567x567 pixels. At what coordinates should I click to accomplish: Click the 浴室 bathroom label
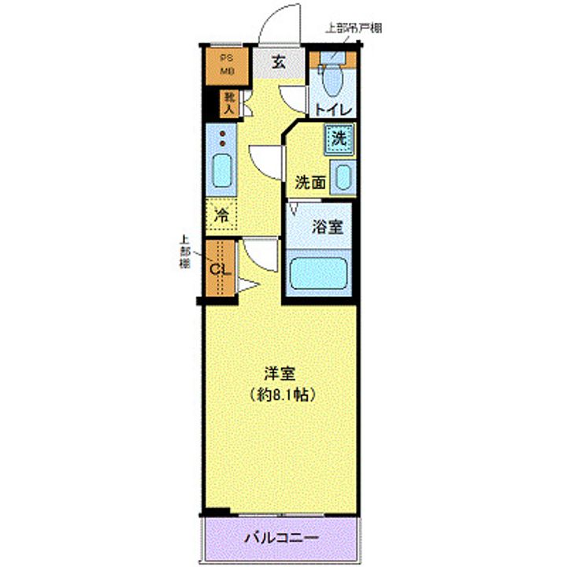(327, 228)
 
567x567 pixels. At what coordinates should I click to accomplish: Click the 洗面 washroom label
(309, 182)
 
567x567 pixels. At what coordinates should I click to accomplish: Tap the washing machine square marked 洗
(339, 139)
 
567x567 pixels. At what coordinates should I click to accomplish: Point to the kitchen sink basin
(222, 170)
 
